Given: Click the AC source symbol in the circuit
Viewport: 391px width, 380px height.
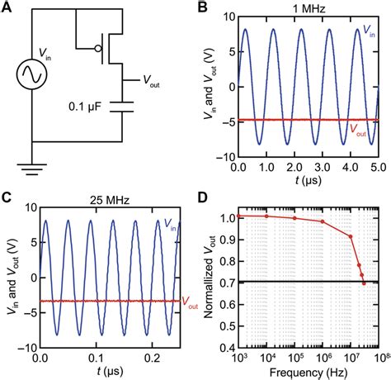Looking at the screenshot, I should point(31,77).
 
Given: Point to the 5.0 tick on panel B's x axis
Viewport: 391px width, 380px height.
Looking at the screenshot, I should point(376,166).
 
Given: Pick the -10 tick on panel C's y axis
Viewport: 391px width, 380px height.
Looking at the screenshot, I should point(27,348).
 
